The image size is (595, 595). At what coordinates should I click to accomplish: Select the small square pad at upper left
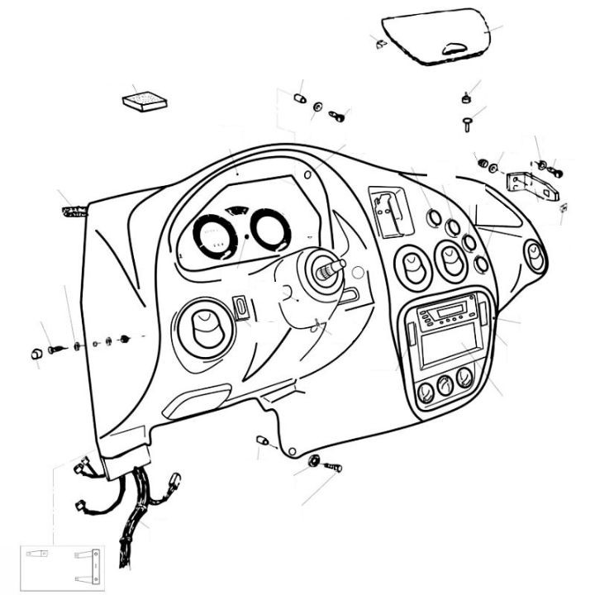(145, 99)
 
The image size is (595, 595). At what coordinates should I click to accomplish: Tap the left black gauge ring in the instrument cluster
(215, 237)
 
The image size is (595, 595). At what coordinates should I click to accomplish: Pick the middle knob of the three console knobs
(445, 383)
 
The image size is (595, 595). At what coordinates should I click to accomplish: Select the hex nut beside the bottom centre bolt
(314, 460)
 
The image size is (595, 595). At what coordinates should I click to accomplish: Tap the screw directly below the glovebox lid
(467, 124)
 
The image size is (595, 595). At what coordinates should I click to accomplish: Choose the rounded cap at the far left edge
(36, 354)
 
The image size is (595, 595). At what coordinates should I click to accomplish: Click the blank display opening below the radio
(448, 348)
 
